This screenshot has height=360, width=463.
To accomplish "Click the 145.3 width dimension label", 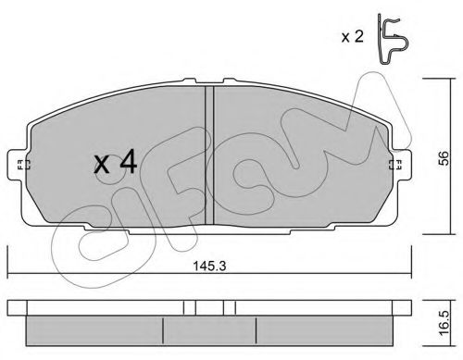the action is [x=209, y=266].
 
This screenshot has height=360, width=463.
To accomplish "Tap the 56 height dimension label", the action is [x=444, y=158].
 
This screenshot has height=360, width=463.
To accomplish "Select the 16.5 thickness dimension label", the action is [x=444, y=323].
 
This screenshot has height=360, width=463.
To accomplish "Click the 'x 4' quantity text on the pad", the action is [x=116, y=164].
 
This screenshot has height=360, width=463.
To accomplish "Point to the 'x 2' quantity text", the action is [x=353, y=37].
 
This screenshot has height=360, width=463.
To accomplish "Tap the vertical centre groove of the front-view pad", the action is [x=209, y=155].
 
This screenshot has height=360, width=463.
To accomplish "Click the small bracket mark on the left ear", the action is [x=23, y=165].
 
